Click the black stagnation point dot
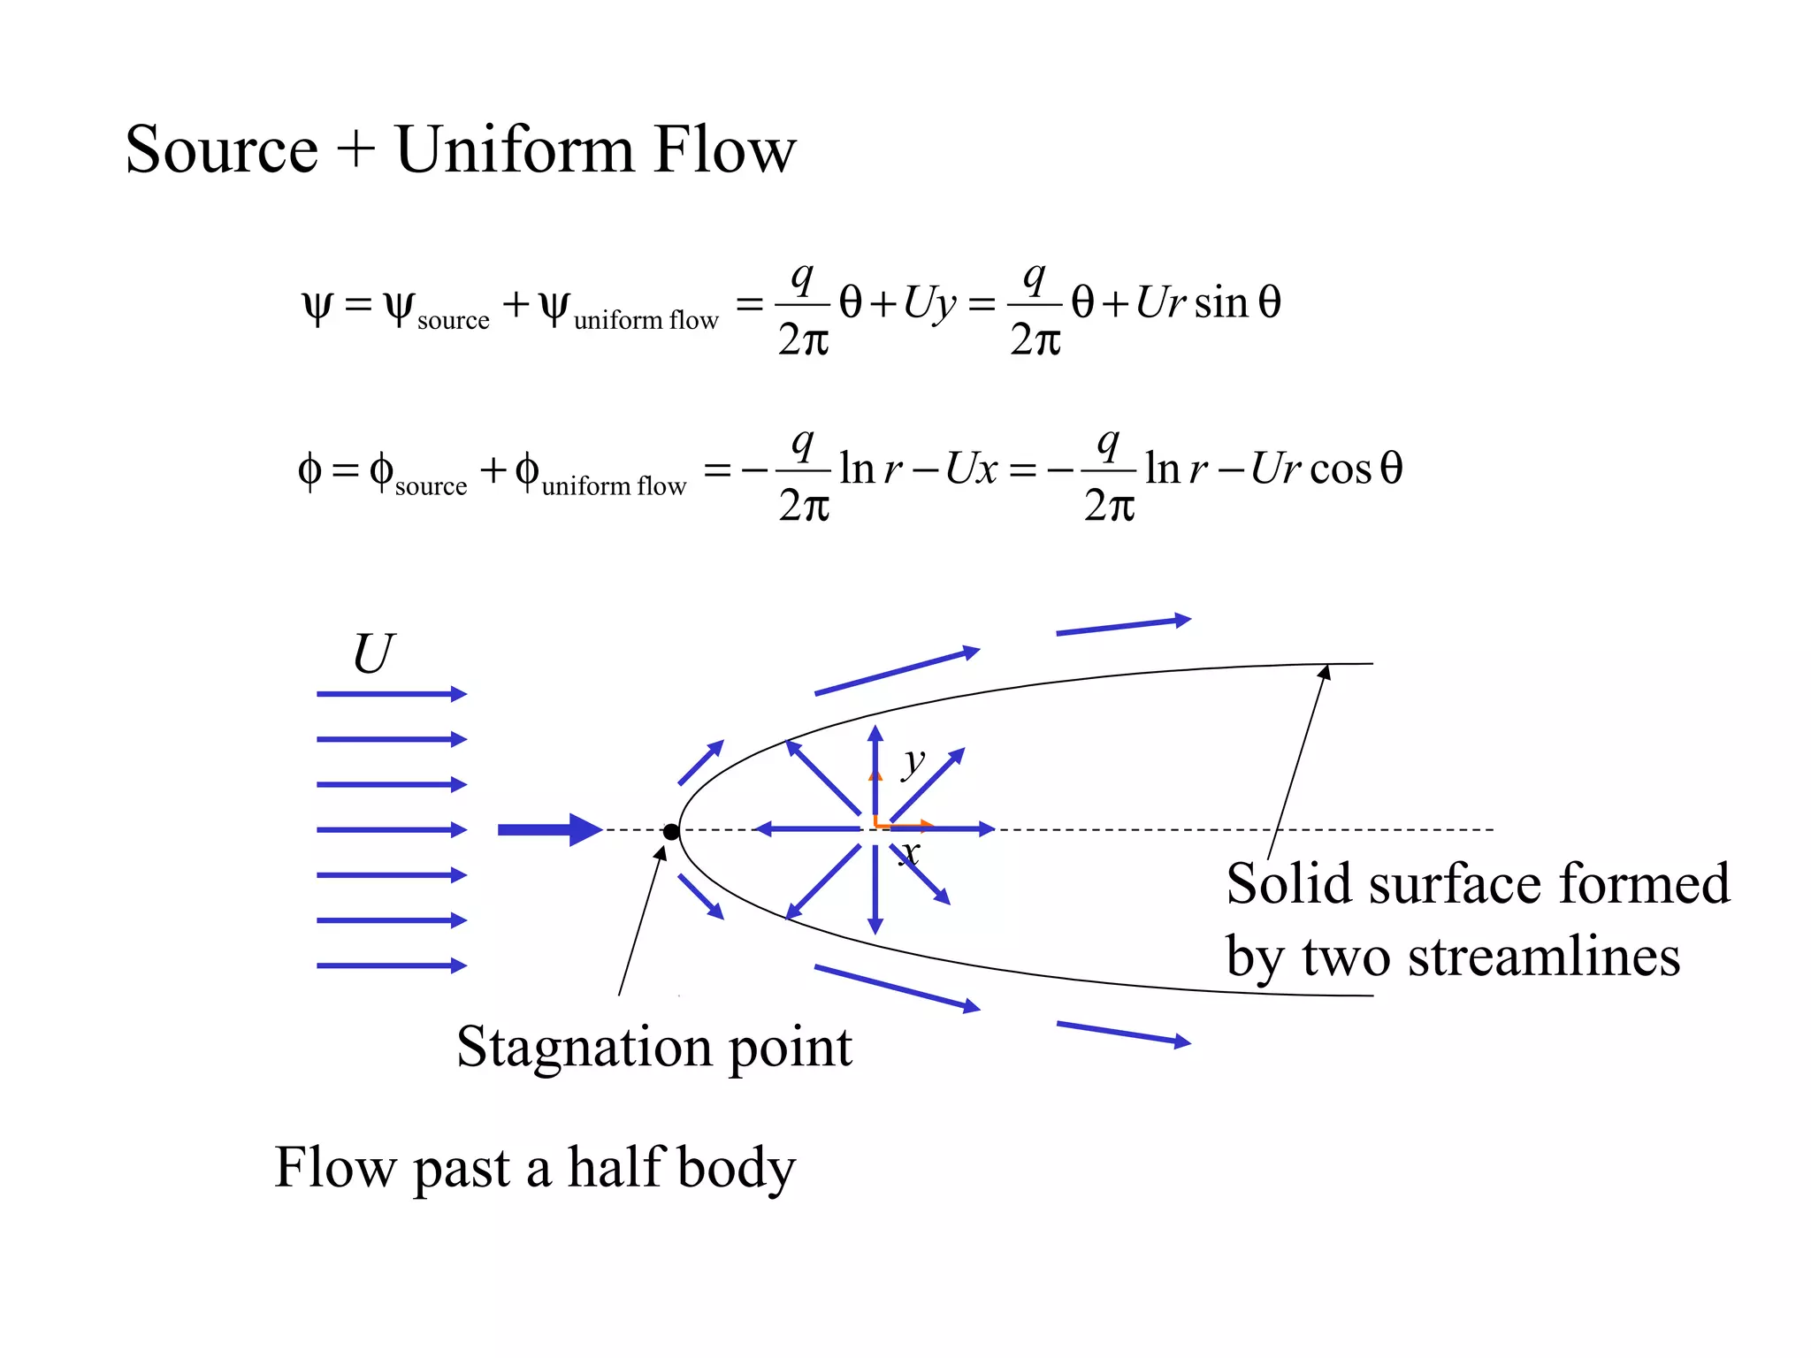point(671,831)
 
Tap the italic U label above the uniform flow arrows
point(372,655)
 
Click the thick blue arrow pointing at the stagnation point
point(549,829)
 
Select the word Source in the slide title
point(221,149)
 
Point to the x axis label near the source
point(910,853)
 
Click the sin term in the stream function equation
point(1221,302)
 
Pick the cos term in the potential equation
point(1341,469)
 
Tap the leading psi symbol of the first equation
point(317,306)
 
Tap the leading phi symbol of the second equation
point(309,469)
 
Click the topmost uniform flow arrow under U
point(391,694)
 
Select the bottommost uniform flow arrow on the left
point(391,965)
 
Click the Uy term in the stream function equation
point(929,304)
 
